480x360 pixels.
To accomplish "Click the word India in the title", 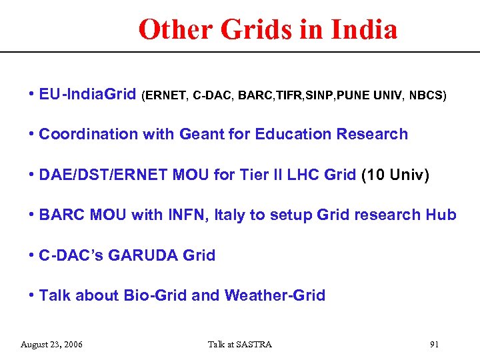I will pos(365,29).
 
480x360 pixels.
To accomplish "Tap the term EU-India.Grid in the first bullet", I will pos(87,94).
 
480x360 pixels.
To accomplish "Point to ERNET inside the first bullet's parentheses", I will pos(165,95).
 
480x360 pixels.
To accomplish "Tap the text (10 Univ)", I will pos(395,175).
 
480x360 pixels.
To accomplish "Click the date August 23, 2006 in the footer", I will pos(52,344).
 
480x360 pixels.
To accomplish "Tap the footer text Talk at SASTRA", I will pos(240,344).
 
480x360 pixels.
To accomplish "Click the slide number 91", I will pos(434,344).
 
